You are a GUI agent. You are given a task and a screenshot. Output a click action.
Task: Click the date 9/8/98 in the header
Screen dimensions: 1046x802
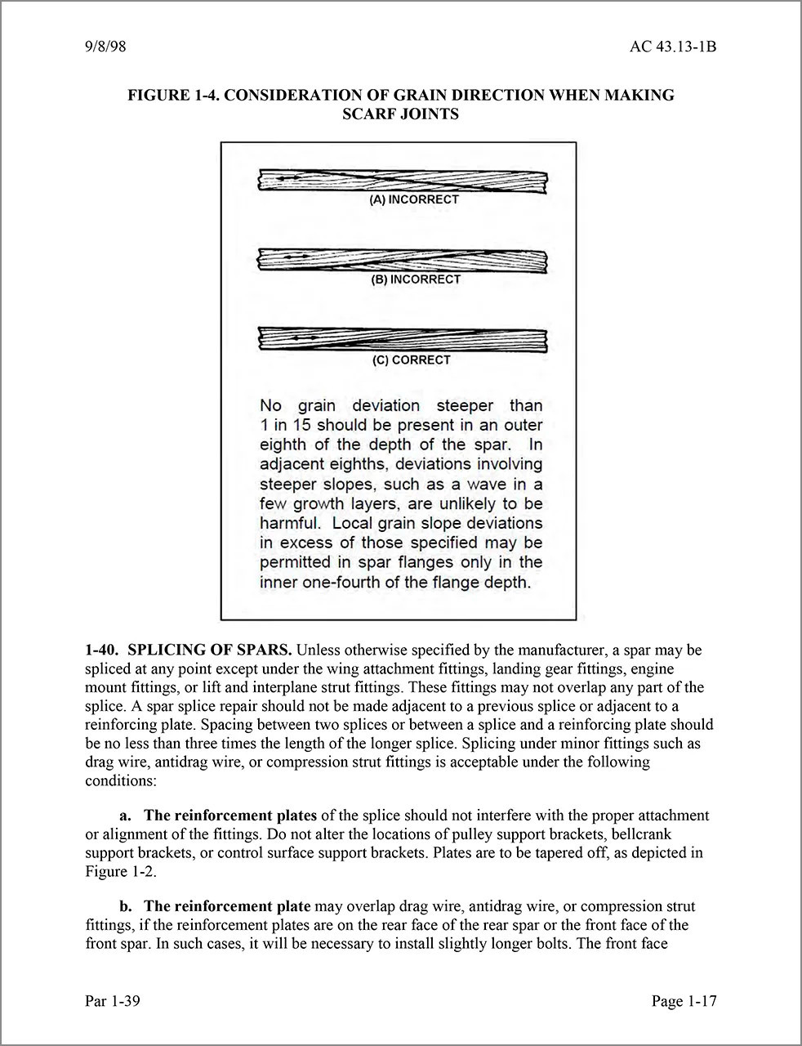(105, 47)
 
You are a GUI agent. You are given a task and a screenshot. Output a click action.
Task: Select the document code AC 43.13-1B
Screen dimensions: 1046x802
(673, 47)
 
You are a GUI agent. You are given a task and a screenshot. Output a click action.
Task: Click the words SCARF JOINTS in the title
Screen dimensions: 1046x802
(400, 114)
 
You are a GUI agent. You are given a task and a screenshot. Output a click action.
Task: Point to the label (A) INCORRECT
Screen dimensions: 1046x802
(414, 199)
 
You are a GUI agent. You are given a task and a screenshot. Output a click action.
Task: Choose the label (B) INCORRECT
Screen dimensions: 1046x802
(416, 279)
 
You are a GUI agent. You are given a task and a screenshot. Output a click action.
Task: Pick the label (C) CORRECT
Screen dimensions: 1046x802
(411, 360)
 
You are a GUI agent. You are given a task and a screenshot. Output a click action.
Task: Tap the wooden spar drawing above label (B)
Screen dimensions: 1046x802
(402, 260)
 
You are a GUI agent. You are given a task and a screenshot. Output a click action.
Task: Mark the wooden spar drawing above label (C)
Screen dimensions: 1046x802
(402, 339)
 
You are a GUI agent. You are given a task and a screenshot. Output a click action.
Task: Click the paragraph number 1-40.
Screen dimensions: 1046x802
(102, 651)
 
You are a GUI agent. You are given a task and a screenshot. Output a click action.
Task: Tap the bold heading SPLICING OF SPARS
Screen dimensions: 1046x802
(210, 651)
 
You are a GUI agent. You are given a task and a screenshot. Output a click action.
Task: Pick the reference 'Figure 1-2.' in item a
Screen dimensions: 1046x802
(120, 871)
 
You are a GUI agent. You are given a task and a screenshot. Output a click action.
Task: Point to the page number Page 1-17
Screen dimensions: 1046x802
(684, 1001)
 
